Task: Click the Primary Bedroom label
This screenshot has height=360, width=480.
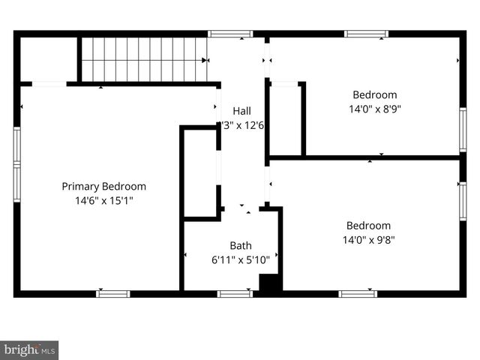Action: (103, 186)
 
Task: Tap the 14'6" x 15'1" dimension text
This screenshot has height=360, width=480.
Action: (103, 201)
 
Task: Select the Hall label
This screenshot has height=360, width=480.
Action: (241, 111)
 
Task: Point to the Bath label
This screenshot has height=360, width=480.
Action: (241, 245)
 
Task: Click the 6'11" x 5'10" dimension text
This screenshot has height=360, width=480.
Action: (241, 259)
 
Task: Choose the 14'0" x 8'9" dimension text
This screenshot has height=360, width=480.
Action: (375, 109)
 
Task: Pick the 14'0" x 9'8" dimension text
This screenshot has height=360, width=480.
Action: (368, 240)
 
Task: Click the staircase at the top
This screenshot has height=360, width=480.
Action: (143, 59)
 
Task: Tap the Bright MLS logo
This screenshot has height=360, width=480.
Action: (29, 349)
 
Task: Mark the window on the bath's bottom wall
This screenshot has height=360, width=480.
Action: (235, 293)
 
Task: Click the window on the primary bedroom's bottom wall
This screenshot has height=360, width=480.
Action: (113, 293)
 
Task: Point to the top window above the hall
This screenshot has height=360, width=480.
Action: (230, 34)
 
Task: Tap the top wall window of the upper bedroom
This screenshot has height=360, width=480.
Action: (366, 34)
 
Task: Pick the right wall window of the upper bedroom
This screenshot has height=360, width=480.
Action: (463, 130)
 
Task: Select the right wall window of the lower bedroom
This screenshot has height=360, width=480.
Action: (463, 200)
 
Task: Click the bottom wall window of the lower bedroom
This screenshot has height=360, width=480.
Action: (358, 293)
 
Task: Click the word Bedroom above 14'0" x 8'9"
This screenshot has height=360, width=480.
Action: (375, 95)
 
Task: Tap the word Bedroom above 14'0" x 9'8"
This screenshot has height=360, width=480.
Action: (368, 226)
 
